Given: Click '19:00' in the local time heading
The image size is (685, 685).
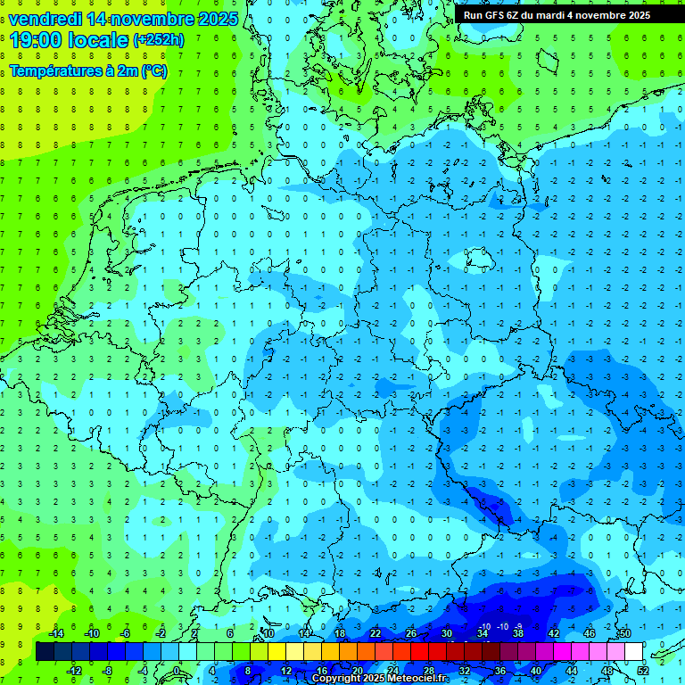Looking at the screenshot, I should (x=38, y=40).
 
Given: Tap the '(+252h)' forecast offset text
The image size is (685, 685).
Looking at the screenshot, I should (x=159, y=40).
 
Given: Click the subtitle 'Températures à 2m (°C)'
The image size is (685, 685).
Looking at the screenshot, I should (x=87, y=70).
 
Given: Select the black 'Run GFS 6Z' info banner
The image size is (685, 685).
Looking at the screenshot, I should (x=557, y=15).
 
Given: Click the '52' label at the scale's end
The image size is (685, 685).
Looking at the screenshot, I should (x=642, y=670).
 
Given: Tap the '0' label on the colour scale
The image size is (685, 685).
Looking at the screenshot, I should (x=177, y=670).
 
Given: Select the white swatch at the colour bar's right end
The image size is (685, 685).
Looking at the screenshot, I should (x=633, y=652).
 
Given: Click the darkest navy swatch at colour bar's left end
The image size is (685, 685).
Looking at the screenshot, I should (x=45, y=652).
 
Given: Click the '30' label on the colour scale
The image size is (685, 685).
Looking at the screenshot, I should (x=446, y=633).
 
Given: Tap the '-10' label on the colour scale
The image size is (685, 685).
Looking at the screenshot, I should (x=91, y=633).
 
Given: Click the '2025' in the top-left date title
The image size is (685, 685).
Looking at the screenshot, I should (x=219, y=19).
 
